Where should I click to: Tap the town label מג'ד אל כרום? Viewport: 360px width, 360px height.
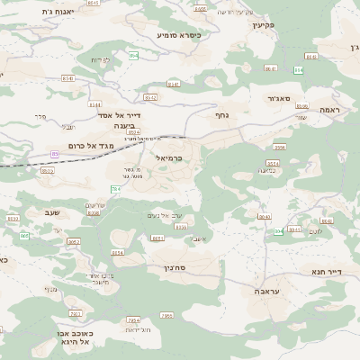pos(88,145)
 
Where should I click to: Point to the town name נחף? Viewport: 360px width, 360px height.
pos(221,115)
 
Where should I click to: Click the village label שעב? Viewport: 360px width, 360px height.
pos(51,211)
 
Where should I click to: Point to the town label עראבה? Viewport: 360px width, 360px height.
pos(265,292)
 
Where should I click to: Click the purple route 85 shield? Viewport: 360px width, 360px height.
pos(54,154)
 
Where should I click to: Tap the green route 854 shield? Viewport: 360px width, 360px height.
pos(133,56)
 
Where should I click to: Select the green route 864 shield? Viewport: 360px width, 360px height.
pos(299,69)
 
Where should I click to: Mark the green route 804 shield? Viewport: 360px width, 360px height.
pos(279,231)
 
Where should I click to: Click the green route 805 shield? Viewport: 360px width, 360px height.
pos(24,235)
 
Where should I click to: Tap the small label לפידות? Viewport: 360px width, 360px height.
pos(100,59)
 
